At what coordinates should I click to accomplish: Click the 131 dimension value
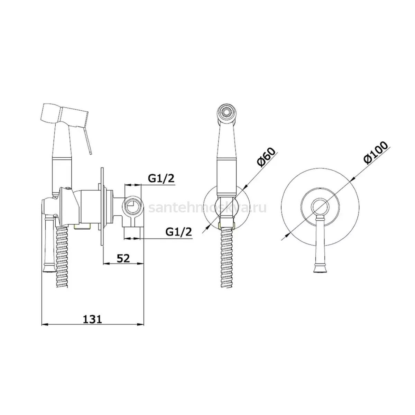tap(92, 320)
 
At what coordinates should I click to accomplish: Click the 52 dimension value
tap(123, 258)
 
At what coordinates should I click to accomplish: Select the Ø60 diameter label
tap(266, 157)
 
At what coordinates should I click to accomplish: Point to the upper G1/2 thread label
tap(161, 178)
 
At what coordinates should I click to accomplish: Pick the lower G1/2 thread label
tap(178, 232)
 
